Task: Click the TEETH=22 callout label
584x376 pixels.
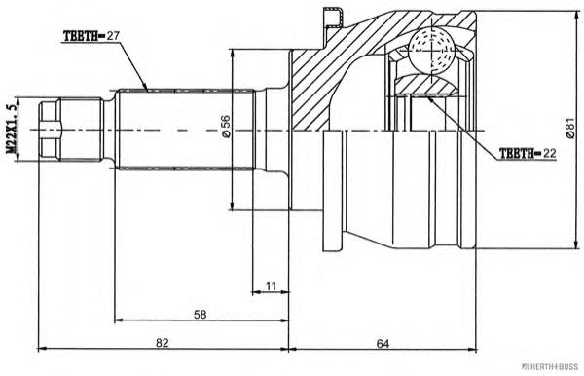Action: pyautogui.click(x=527, y=152)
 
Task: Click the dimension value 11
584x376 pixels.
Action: pyautogui.click(x=271, y=286)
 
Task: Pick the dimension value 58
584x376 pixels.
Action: pyautogui.click(x=199, y=315)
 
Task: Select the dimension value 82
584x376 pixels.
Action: pyautogui.click(x=163, y=342)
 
